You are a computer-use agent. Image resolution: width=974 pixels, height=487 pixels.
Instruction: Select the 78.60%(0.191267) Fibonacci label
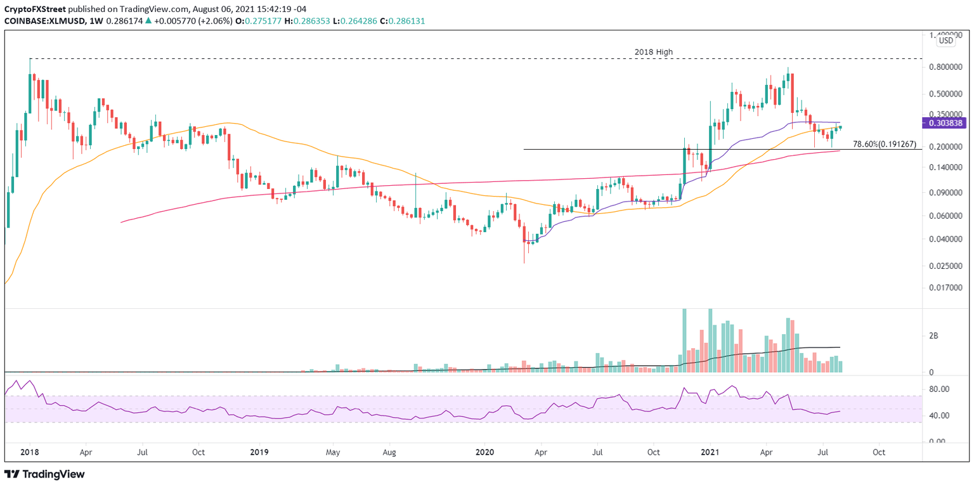pos(885,144)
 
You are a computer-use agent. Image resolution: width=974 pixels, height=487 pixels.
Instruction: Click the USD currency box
pos(945,41)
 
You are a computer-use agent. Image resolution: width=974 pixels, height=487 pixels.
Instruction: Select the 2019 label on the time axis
pos(259,453)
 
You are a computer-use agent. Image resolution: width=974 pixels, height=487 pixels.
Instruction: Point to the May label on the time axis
pos(334,453)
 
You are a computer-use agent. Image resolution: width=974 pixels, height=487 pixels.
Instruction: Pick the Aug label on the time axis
pos(390,453)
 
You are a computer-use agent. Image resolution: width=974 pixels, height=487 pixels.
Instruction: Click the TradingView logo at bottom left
pos(44,474)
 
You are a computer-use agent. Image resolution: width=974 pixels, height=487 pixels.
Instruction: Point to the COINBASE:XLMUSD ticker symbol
pos(41,21)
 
